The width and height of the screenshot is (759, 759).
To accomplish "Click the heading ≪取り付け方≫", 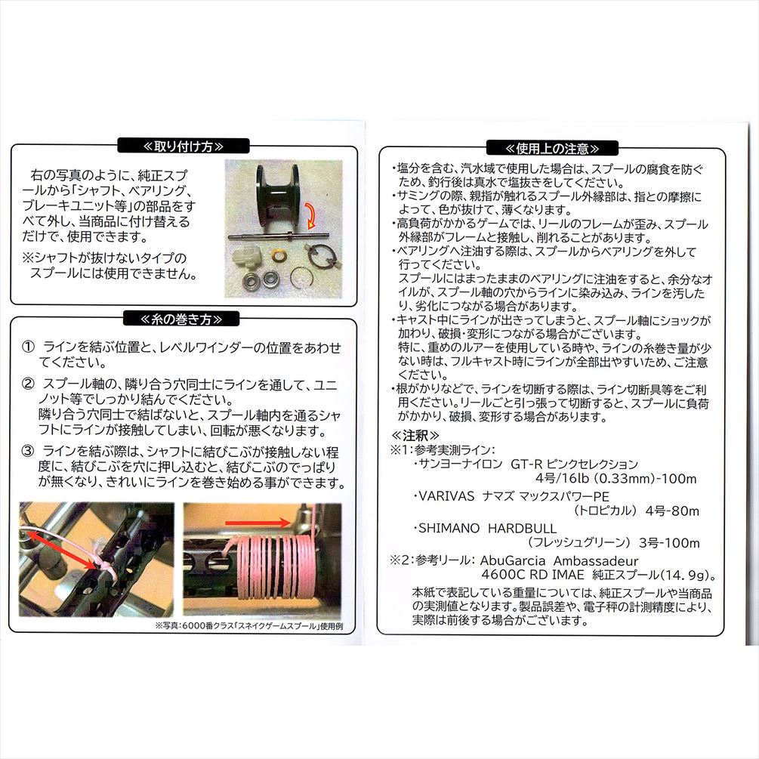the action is tap(184, 147).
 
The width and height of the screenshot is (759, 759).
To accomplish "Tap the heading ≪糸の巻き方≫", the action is tap(181, 319).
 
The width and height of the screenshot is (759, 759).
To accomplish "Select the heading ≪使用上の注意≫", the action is tap(552, 148).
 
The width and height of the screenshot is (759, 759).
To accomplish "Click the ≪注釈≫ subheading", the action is tap(415, 435).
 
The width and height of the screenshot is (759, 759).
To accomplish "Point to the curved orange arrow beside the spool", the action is tap(310, 215).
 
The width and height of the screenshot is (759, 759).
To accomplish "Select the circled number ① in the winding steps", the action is tap(28, 347).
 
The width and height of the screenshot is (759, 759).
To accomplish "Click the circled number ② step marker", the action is tap(28, 384).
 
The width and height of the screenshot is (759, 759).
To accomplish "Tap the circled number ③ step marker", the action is tap(28, 451).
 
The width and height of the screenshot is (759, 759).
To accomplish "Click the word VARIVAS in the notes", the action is tap(446, 496).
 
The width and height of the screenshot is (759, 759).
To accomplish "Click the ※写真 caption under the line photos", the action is tap(249, 626).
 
